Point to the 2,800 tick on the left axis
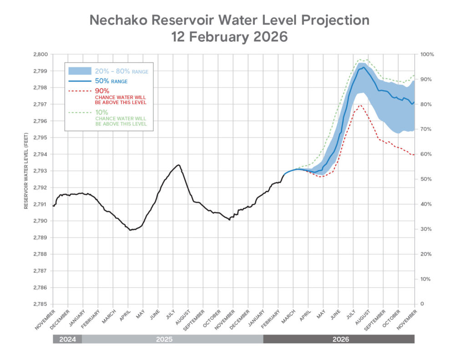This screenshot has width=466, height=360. [x=41, y=54]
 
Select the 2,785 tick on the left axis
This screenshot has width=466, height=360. [x=41, y=304]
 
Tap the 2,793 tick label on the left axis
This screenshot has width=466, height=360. [x=41, y=171]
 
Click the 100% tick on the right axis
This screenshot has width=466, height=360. [x=428, y=54]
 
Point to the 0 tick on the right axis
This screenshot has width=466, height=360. [x=422, y=304]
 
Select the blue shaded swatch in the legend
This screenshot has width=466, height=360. [x=80, y=71]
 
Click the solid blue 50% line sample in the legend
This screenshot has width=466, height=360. [x=80, y=81]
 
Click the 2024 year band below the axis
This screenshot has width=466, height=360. [x=67, y=339]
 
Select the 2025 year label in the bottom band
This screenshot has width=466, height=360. [x=172, y=339]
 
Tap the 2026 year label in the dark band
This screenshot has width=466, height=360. [x=339, y=339]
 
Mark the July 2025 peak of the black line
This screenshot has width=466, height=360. [x=178, y=165]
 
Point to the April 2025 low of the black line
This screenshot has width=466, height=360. [x=131, y=230]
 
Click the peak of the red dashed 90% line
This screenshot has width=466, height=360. [x=360, y=105]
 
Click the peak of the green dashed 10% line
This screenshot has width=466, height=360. [x=360, y=59]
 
